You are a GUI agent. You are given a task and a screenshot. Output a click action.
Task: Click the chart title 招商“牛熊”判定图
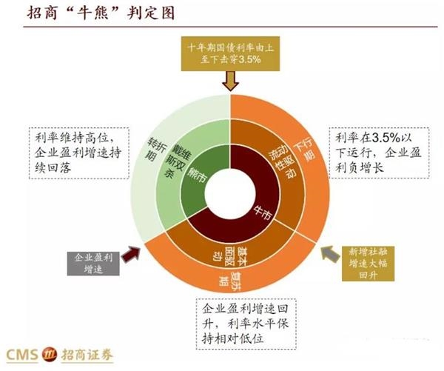pos(101,13)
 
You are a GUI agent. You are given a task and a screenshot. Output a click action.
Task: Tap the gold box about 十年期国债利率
pos(230,53)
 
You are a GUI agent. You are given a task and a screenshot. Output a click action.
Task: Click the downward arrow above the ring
pos(230,81)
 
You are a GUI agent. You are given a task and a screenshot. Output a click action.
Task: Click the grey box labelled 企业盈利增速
pos(93,264)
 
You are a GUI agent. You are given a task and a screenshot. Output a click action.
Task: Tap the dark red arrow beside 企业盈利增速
pos(131,254)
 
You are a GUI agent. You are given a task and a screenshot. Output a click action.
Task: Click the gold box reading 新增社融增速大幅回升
pos(368,264)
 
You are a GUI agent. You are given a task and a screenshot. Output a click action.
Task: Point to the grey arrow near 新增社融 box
pos(331,254)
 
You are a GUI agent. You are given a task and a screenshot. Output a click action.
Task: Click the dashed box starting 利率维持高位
pos(79,153)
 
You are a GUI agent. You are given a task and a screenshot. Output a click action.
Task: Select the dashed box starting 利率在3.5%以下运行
pos(379,153)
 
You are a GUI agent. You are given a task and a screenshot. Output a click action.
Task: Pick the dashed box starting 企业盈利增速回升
pos(246,324)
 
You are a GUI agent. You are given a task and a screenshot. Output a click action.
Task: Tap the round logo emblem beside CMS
pos(50,355)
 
